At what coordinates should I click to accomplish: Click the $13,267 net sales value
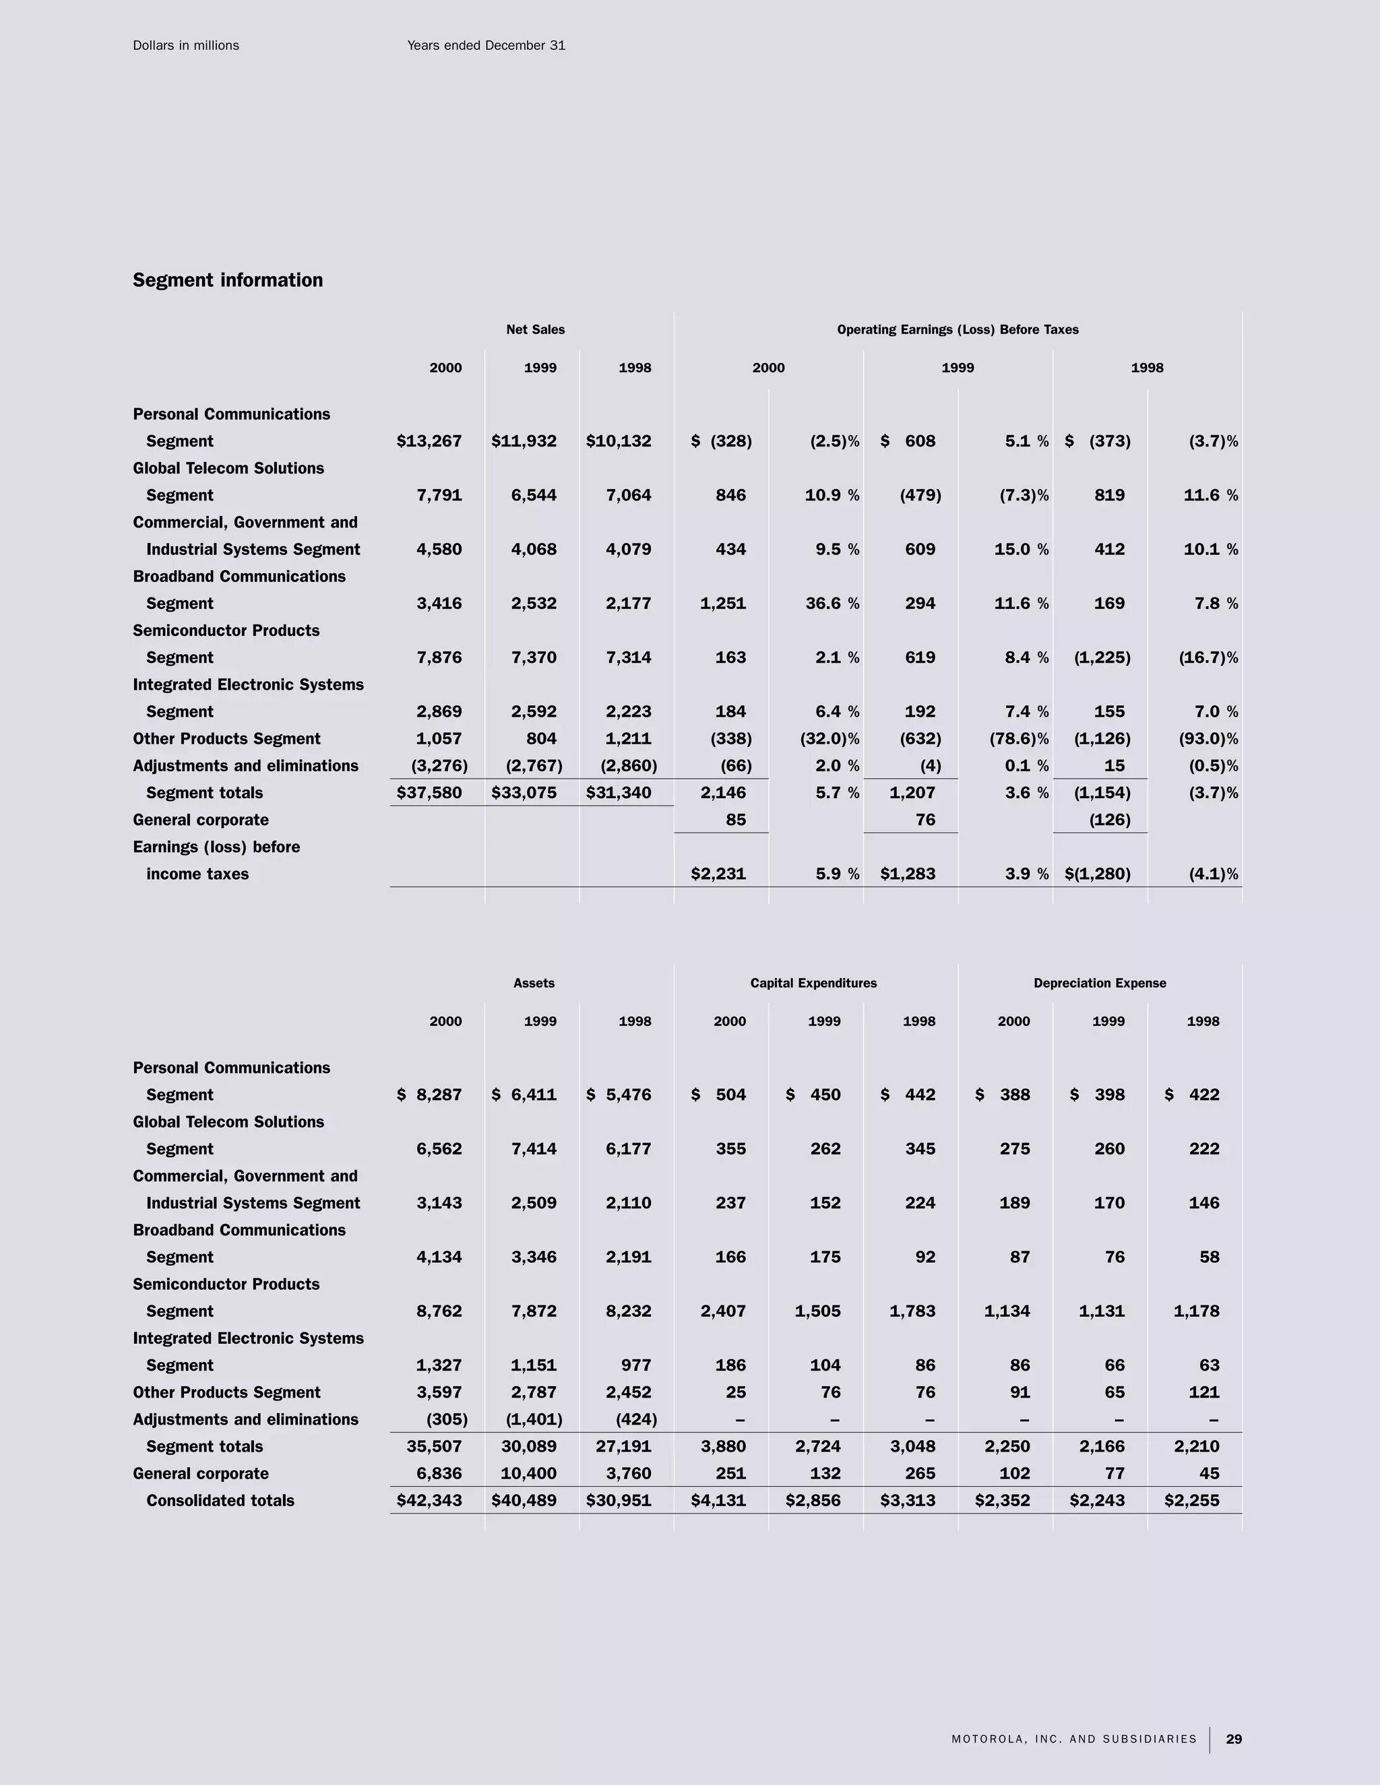(x=429, y=441)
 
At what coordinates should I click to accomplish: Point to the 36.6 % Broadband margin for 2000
(x=832, y=603)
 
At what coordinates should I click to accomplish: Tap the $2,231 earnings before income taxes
(x=718, y=874)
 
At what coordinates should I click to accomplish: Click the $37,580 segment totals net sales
(x=429, y=793)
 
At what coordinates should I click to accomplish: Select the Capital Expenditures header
(x=813, y=983)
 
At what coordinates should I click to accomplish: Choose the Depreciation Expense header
(x=1100, y=983)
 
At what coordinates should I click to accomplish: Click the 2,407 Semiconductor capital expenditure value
(x=723, y=1311)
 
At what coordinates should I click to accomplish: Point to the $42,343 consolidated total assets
(x=429, y=1501)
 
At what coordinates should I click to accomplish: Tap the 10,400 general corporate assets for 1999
(x=528, y=1474)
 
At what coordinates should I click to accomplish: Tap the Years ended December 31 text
(x=486, y=46)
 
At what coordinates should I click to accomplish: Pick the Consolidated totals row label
(x=220, y=1501)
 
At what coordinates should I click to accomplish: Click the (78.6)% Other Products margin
(x=1019, y=739)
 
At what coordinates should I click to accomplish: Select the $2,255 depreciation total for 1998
(x=1191, y=1501)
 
